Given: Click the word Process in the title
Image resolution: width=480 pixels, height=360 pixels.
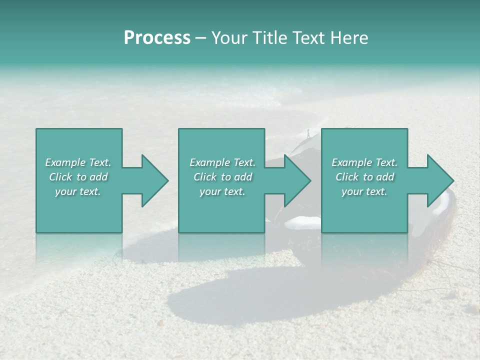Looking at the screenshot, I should click(157, 38).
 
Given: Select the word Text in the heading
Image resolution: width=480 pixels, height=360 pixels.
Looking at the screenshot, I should click(307, 38).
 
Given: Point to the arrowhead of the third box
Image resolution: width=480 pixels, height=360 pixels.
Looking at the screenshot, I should click(440, 180).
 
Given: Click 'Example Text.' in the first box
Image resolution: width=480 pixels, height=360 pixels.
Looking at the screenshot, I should click(78, 162).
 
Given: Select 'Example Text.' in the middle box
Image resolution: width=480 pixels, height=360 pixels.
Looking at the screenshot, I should click(222, 162).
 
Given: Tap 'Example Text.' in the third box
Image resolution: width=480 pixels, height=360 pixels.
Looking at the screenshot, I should click(364, 162).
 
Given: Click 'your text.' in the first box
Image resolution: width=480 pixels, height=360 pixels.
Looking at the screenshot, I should click(78, 191).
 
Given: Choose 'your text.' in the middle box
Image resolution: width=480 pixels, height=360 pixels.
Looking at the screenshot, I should click(222, 191).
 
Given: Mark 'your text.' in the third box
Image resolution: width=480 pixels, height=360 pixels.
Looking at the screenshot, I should click(364, 191).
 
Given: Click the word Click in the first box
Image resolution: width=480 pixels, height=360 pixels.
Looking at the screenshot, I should click(60, 177).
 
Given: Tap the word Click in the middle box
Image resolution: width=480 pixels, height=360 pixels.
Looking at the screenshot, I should click(205, 177).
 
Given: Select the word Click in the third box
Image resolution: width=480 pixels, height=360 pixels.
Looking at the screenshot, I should click(347, 177).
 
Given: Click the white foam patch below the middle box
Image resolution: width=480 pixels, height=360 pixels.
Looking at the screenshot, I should click(303, 223).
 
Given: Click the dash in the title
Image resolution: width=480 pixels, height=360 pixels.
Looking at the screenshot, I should click(201, 38).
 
